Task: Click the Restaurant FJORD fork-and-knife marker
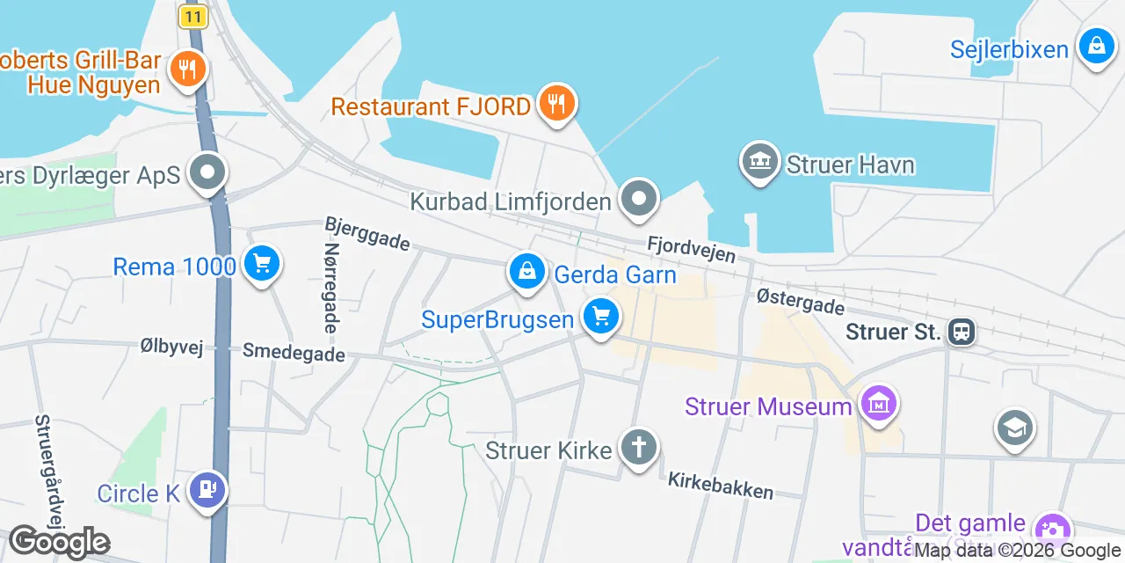click(555, 105)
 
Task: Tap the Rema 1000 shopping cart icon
click(261, 263)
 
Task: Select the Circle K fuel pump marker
click(207, 490)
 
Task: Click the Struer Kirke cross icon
click(638, 448)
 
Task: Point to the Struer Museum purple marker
click(878, 404)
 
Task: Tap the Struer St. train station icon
click(962, 332)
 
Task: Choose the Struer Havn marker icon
click(760, 162)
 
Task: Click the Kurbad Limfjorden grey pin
click(639, 199)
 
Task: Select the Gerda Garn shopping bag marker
click(526, 271)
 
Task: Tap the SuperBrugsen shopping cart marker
click(601, 316)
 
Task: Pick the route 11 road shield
click(192, 16)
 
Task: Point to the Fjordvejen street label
click(691, 248)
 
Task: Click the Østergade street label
click(801, 302)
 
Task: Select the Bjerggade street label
click(367, 234)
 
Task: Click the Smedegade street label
click(294, 353)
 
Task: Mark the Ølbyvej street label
click(171, 347)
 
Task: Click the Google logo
click(59, 542)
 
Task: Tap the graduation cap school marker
click(1014, 428)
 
